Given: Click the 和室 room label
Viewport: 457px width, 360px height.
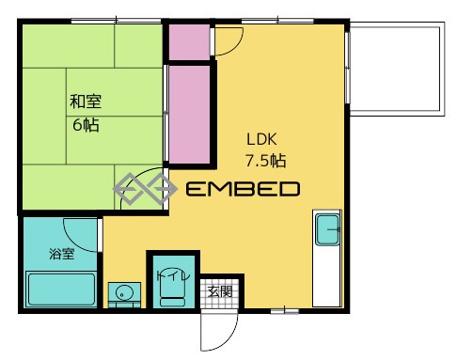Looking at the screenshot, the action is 86,102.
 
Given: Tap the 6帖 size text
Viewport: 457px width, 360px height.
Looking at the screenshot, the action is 86,125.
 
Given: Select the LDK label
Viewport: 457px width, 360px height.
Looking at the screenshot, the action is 261,139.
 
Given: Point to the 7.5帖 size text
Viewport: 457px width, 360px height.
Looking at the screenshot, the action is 265,161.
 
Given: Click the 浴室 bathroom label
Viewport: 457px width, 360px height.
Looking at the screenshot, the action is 62,254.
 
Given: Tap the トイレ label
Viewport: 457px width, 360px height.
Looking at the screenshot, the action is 173,275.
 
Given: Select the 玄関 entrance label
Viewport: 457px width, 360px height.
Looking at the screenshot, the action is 220,292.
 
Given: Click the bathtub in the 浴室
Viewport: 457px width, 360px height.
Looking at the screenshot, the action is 61,289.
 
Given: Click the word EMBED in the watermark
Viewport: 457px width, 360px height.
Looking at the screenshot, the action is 243,189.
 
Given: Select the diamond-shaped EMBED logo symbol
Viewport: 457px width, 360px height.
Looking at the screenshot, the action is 145,188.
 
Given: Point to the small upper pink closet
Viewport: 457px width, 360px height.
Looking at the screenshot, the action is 189,42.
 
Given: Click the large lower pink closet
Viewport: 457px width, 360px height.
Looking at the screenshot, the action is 189,114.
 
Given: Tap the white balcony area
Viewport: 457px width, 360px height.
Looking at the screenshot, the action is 397,69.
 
